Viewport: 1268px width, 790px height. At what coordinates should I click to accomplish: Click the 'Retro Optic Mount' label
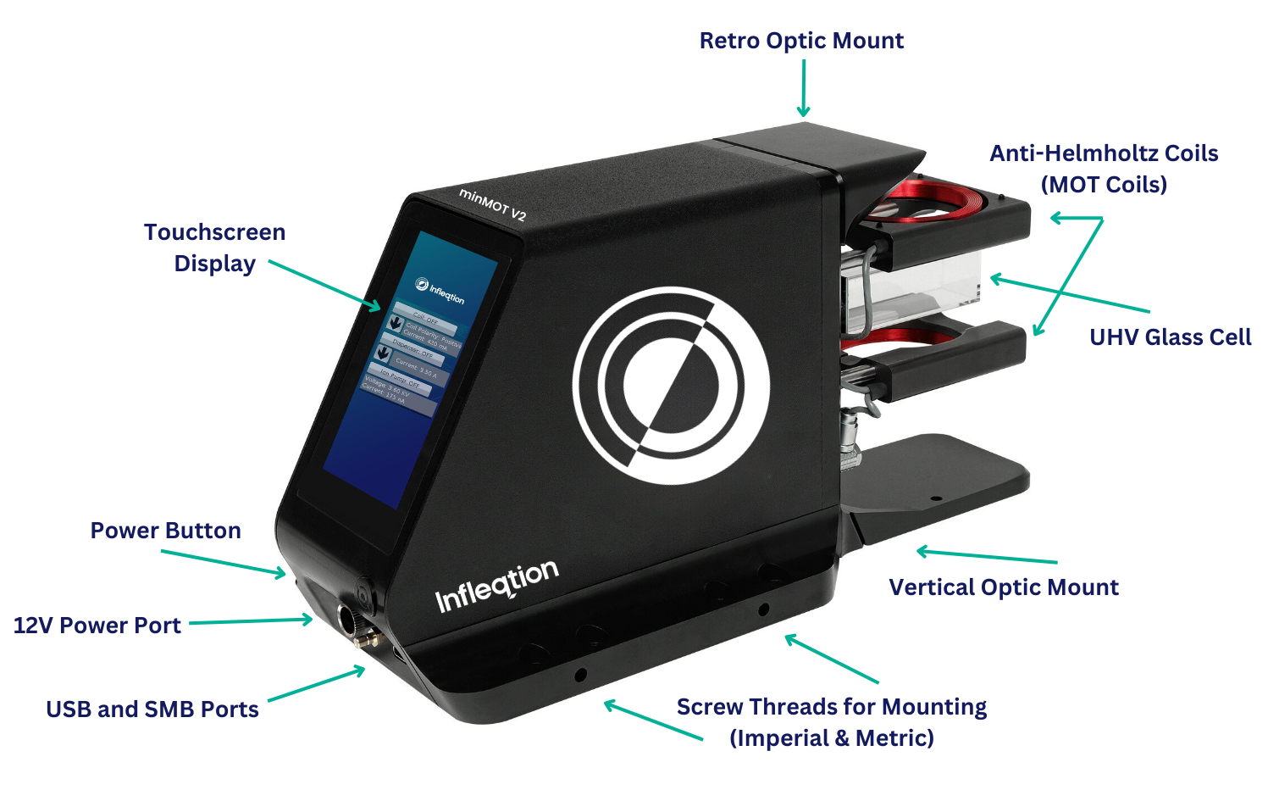(801, 41)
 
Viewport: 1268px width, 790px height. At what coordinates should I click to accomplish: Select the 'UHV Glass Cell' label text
(1170, 337)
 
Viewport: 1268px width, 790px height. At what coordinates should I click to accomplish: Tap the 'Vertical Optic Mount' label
(1004, 587)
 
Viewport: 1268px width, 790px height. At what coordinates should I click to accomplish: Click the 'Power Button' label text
(166, 531)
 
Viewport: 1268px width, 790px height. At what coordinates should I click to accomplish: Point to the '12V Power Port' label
(97, 626)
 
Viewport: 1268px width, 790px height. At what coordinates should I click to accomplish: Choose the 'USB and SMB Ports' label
(152, 709)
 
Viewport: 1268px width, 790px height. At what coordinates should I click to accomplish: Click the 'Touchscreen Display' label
(214, 248)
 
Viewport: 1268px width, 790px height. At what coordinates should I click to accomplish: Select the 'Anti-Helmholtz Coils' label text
(1104, 153)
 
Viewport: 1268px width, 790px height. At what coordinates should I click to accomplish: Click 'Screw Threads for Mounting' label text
(832, 707)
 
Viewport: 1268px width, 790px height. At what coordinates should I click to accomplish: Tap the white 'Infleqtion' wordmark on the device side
(497, 586)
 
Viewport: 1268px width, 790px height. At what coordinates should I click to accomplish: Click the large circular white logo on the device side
(671, 386)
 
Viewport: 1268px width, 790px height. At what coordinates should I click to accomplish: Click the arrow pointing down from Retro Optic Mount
(803, 89)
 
